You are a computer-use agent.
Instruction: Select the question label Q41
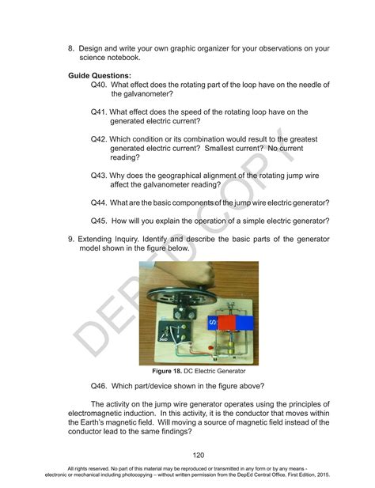[99, 112]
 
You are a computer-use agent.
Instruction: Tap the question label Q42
[99, 138]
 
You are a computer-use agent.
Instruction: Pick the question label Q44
[99, 202]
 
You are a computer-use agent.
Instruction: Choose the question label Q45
[99, 221]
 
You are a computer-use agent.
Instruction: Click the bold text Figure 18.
[168, 371]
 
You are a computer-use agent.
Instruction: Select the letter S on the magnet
[211, 323]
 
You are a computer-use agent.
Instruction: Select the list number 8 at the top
[70, 48]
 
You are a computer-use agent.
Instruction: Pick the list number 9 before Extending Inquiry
[70, 238]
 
